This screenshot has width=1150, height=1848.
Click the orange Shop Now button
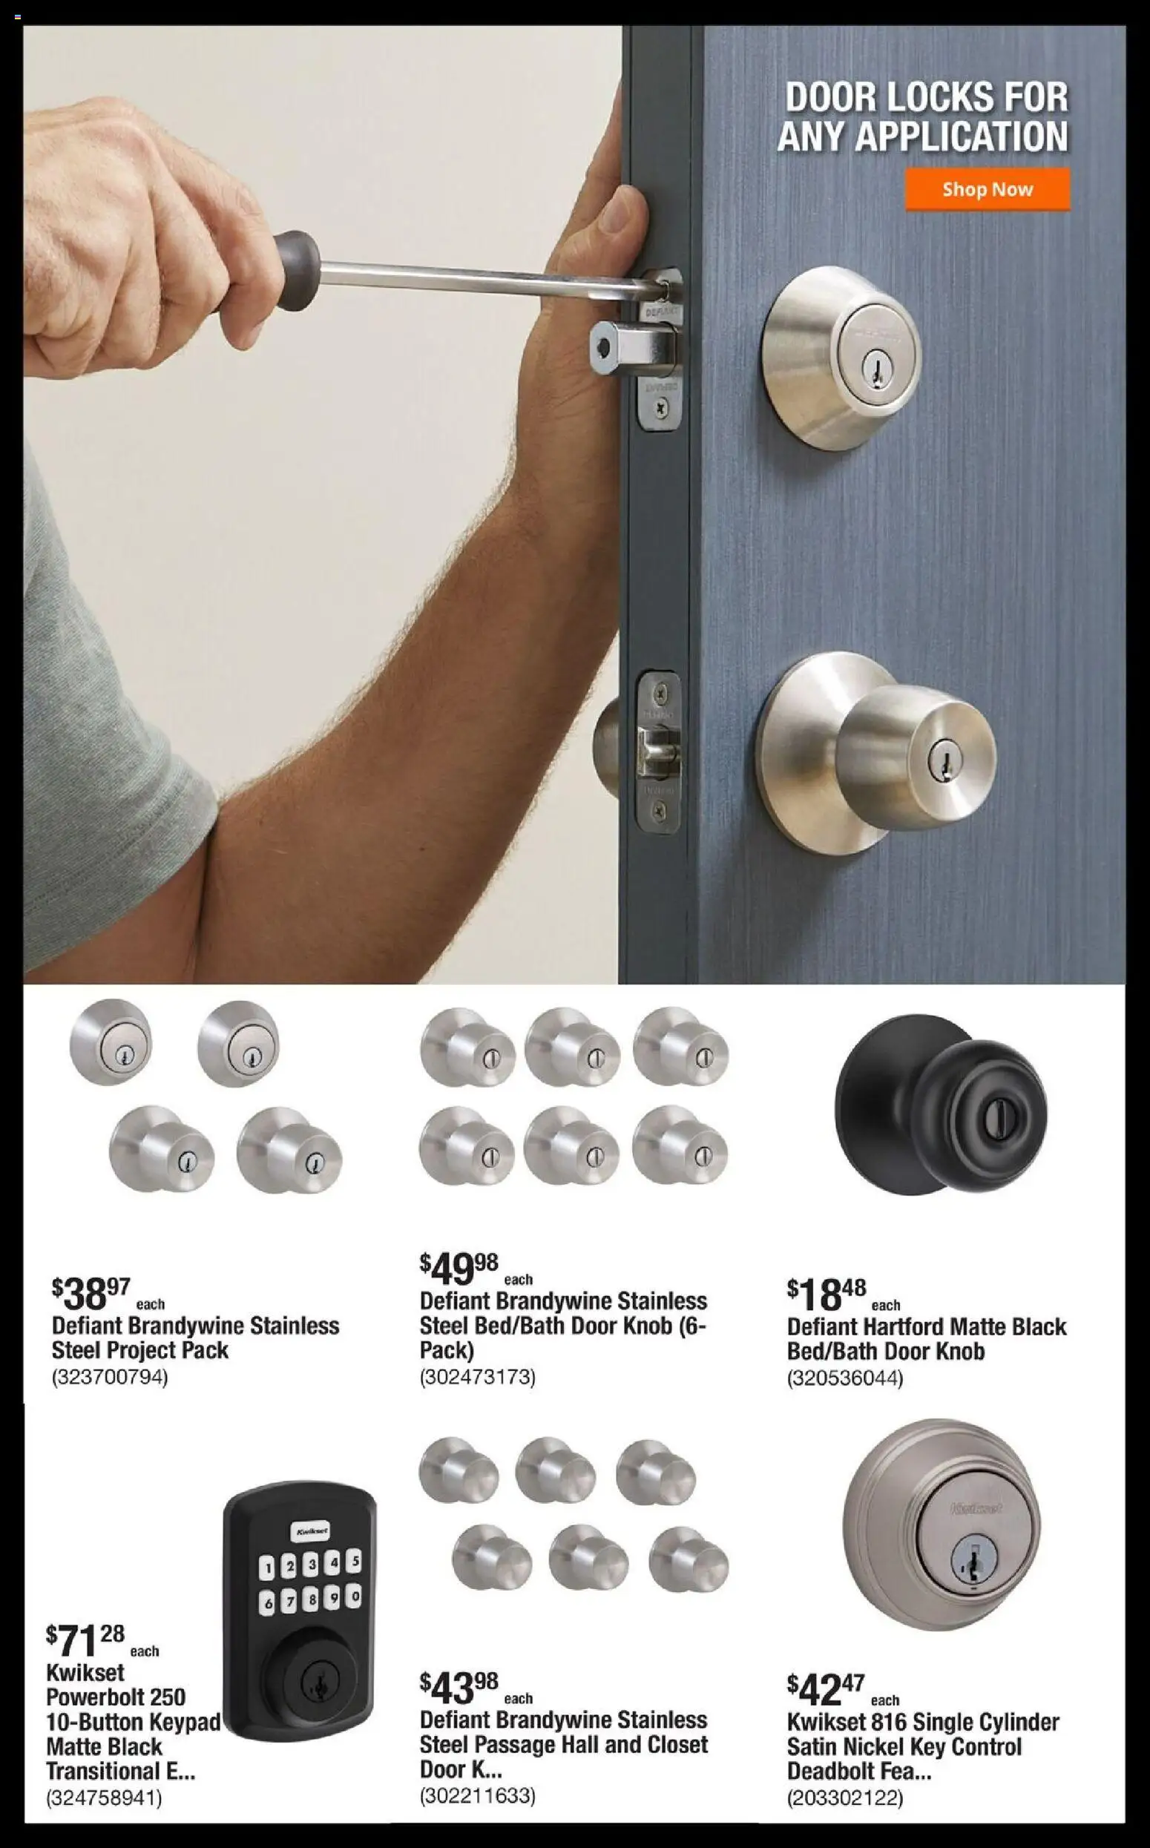point(988,189)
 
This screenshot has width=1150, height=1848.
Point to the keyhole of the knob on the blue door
point(946,759)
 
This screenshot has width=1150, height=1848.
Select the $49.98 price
point(459,1267)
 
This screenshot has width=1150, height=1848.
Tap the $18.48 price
point(827,1294)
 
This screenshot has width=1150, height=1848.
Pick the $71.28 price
point(85,1639)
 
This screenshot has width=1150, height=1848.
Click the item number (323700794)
point(110,1376)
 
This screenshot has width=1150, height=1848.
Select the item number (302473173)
point(478,1376)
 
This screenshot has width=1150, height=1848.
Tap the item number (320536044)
point(845,1377)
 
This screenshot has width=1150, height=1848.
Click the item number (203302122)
point(845,1797)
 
